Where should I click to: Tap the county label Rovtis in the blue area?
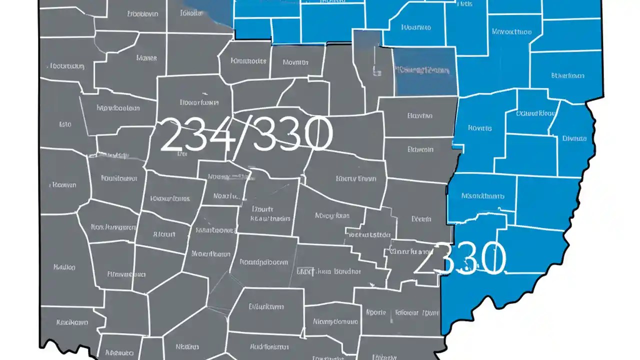click(479, 128)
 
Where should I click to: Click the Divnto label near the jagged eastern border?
click(574, 138)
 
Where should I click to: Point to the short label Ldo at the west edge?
click(65, 124)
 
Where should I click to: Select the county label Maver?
click(146, 58)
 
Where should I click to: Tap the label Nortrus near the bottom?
click(187, 346)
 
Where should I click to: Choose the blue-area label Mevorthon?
click(511, 31)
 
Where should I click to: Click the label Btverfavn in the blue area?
click(567, 76)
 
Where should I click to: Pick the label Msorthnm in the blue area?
click(482, 196)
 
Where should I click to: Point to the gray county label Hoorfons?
click(199, 102)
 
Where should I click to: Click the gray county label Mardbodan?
click(118, 107)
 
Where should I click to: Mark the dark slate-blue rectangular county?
click(425, 71)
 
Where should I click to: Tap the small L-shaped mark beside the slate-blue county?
click(375, 70)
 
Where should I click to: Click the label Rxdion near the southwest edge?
click(64, 267)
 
